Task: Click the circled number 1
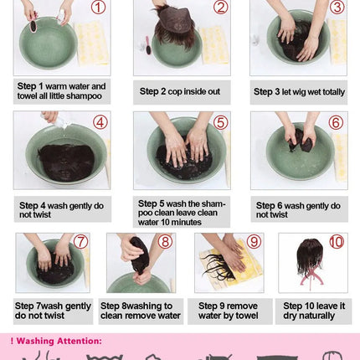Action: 98,7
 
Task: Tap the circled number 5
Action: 220,122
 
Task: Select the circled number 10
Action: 337,242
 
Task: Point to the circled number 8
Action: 165,242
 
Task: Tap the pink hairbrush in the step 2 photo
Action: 147,45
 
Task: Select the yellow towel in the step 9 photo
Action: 233,265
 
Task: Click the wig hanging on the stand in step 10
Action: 310,257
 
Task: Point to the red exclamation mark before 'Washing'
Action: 12,341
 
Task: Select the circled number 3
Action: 337,7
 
